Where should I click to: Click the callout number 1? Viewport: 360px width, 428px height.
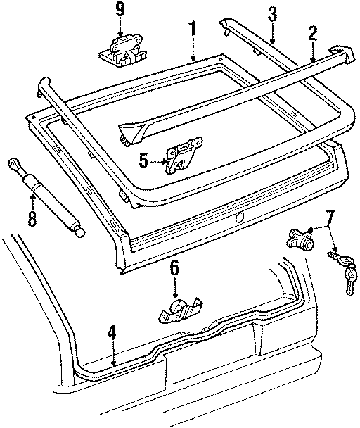click(192, 30)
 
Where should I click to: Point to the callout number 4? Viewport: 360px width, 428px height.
click(111, 333)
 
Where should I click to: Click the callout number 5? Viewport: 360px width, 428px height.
click(143, 160)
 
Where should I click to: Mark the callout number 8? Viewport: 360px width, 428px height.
click(31, 217)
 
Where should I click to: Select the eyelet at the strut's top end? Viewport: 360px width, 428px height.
click(14, 164)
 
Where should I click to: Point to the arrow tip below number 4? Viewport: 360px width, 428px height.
click(112, 364)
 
